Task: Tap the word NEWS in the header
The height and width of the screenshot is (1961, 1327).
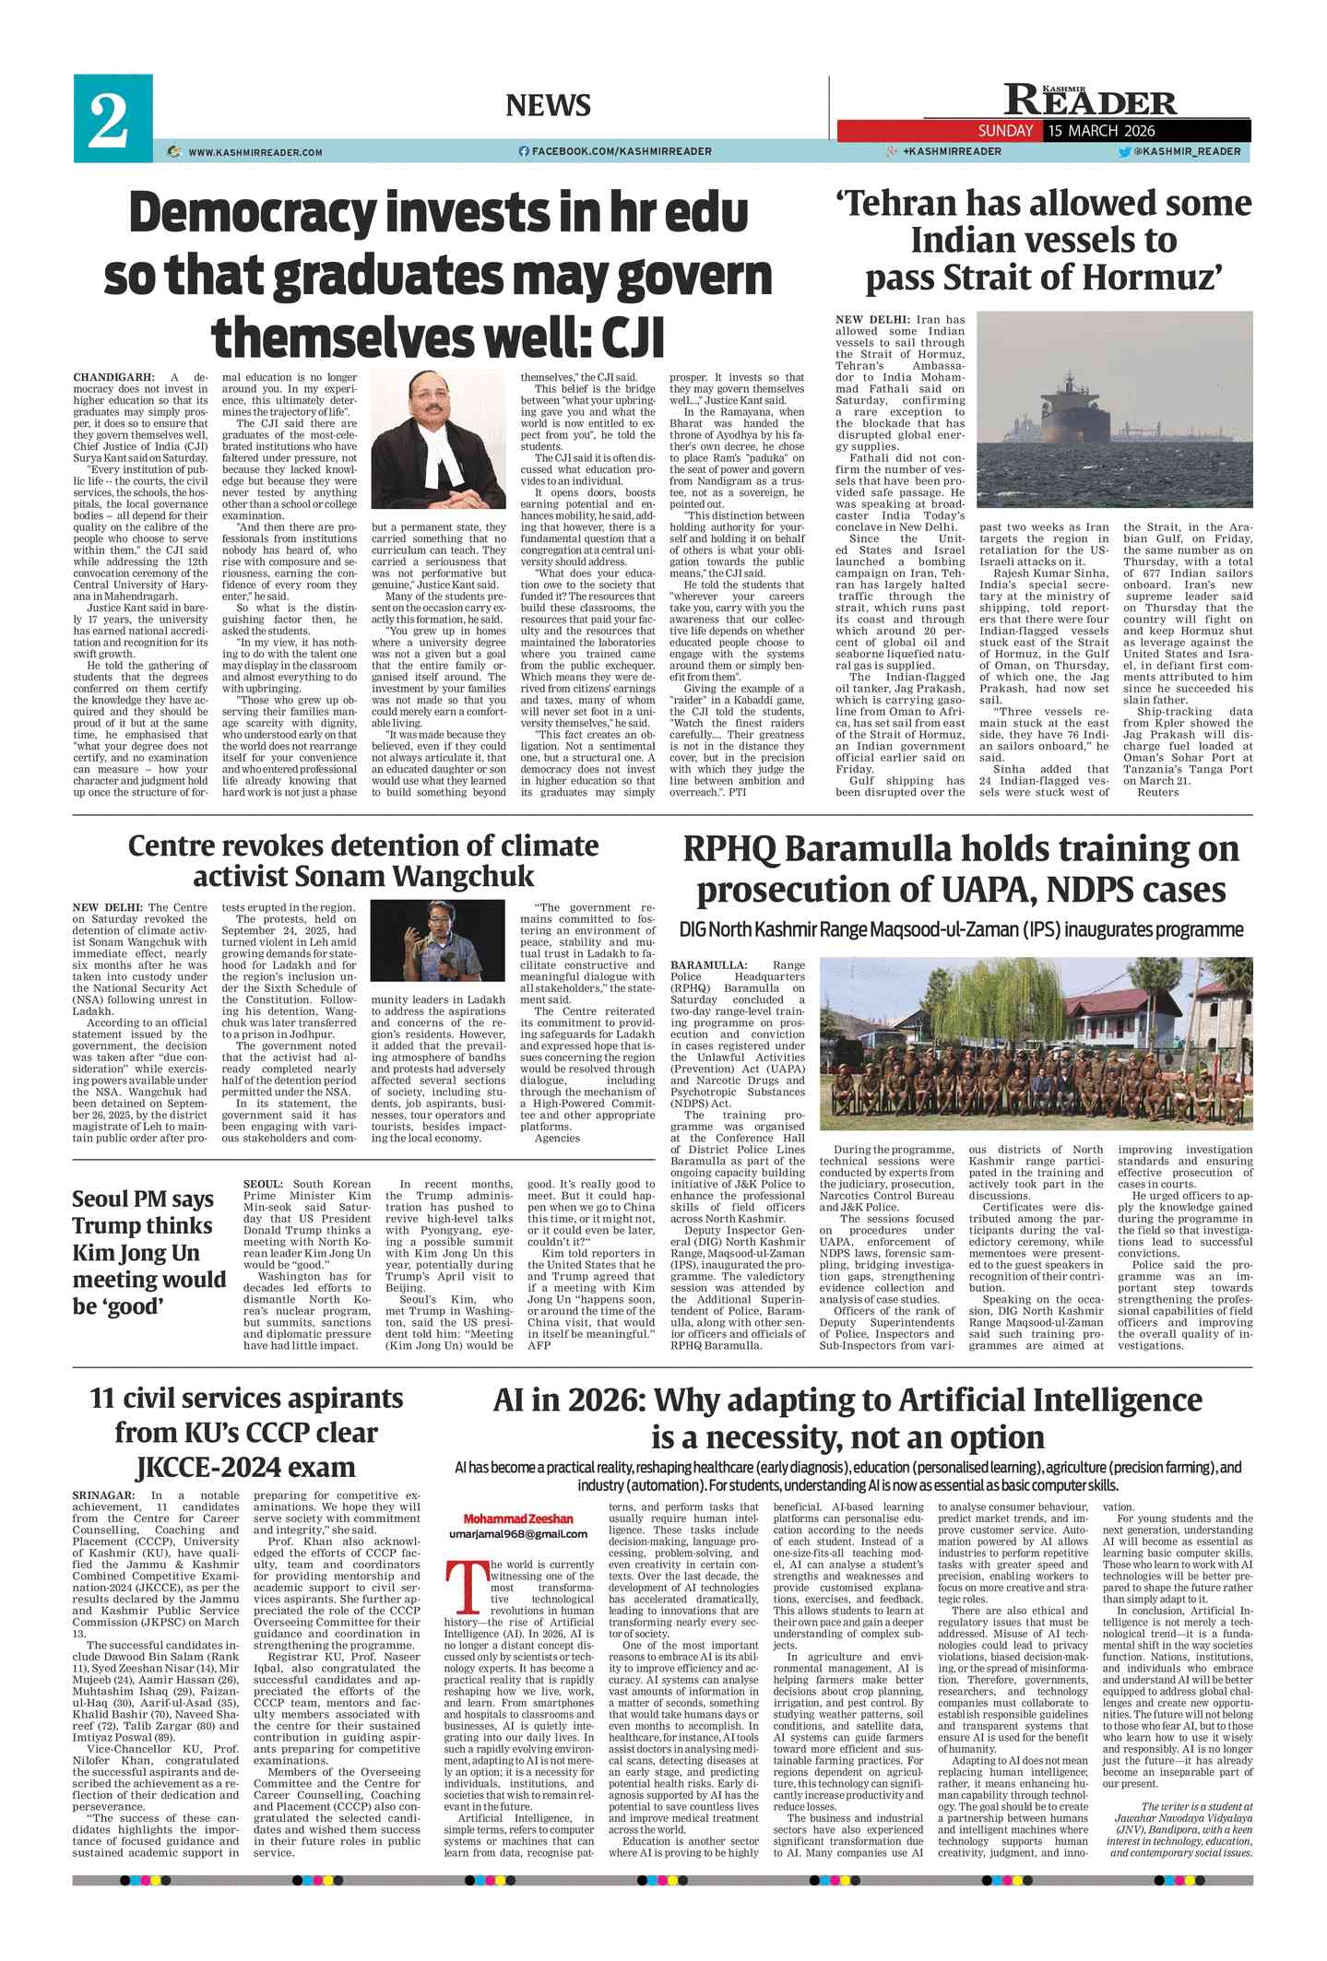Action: click(x=548, y=106)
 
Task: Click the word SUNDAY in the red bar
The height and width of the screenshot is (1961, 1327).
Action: click(x=1005, y=131)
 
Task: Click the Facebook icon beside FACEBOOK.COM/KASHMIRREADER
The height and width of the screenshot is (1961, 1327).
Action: click(x=524, y=151)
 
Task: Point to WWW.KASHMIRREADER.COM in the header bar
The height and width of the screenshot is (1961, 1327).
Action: click(x=255, y=152)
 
